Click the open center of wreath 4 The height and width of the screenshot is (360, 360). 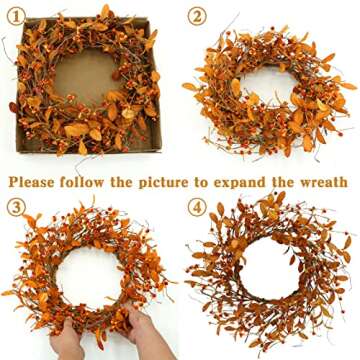coord(268,275)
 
